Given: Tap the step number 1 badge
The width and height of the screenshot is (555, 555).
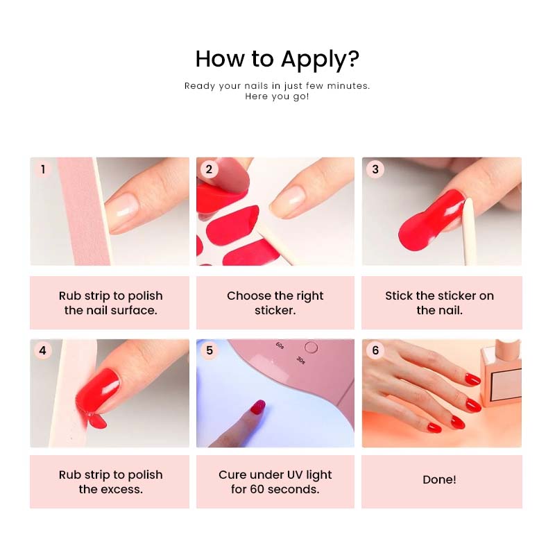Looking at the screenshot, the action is point(43,169).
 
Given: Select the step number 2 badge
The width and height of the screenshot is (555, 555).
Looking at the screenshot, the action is point(209,169).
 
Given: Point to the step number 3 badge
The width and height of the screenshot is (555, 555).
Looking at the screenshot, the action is point(375,169).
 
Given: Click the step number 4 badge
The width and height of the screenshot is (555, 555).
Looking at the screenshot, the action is point(43,350).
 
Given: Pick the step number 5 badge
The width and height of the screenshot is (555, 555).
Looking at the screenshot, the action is point(210,350).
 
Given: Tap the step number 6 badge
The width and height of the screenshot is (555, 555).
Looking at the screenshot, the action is point(375,350).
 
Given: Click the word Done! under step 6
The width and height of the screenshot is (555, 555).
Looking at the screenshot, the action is point(439,479).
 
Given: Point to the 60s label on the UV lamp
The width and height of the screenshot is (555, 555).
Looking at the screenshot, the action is point(280,345).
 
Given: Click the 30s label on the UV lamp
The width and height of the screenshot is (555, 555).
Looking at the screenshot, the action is point(300,360).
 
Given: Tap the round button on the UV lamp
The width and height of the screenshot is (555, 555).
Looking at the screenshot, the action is point(311,348).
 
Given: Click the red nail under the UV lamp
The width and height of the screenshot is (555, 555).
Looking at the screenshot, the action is point(258,407).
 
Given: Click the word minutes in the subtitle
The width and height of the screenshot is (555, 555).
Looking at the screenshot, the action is point(348,86).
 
